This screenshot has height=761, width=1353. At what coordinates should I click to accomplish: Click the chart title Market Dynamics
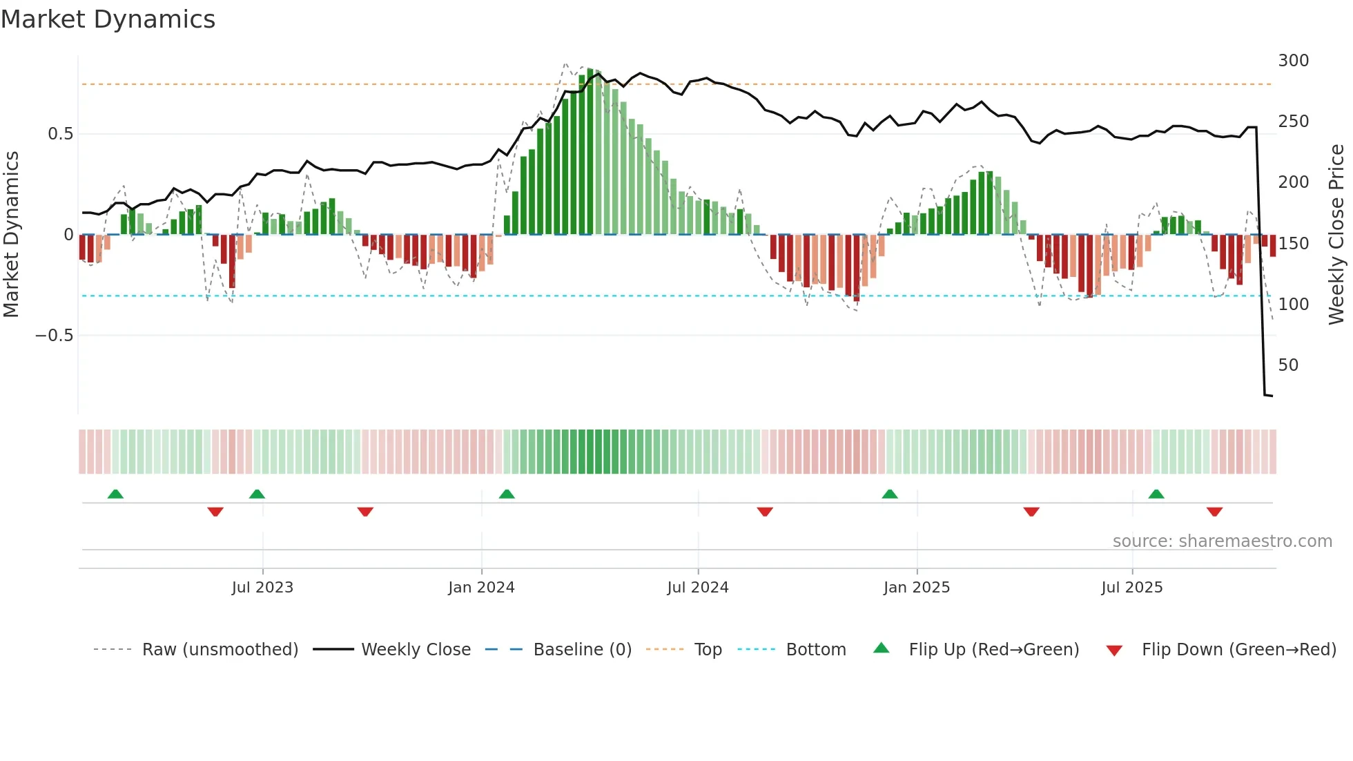point(108,19)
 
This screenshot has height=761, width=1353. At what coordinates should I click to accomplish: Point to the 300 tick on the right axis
point(1293,61)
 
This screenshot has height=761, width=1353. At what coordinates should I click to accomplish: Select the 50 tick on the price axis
point(1288,365)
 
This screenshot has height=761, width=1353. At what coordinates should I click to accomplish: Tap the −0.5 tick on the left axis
point(54,336)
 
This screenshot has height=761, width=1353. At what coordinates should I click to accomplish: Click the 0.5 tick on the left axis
point(60,134)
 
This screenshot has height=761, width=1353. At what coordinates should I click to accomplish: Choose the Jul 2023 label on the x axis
point(262,588)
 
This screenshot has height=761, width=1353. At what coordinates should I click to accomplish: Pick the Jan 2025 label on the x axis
point(916,588)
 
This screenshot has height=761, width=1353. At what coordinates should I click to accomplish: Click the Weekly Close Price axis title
point(1336,235)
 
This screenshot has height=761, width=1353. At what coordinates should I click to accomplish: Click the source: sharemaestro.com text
point(1222,541)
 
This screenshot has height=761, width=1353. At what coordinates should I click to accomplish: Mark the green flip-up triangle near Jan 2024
point(507,494)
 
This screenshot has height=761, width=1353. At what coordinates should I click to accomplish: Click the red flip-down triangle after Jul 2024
point(764,512)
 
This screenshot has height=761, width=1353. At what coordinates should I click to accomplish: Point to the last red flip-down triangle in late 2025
point(1214,512)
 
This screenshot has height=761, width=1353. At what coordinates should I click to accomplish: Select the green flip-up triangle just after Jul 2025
point(1156,494)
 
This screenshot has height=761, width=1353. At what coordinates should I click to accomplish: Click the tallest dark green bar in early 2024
point(590,152)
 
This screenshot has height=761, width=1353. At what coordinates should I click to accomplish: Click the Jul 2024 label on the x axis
point(697,588)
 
